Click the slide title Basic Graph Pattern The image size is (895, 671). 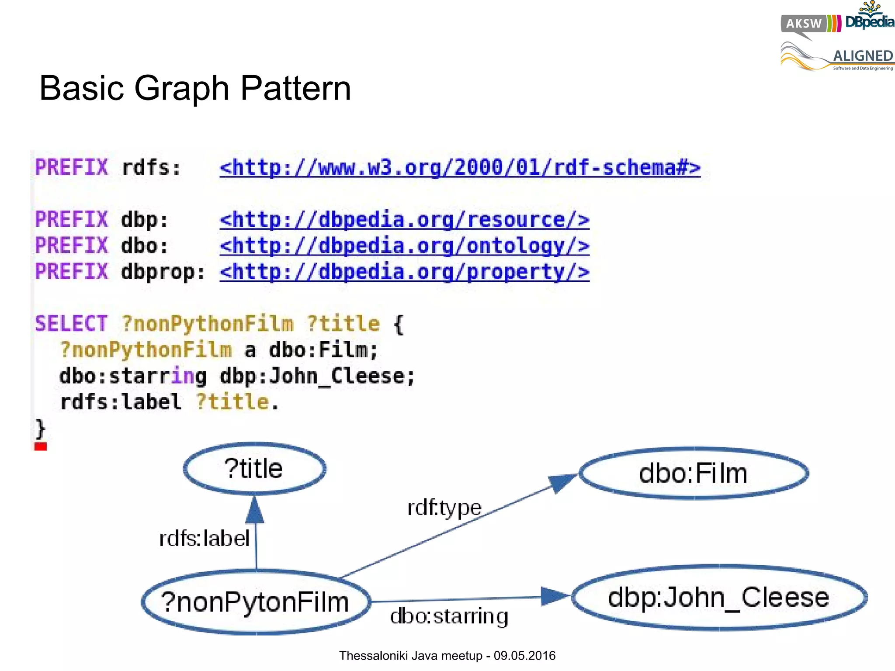pos(195,88)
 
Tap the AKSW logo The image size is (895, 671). pos(804,24)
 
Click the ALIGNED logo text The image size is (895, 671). pos(863,56)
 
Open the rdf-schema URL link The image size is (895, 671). pos(460,168)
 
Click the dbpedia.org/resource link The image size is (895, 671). pos(404,220)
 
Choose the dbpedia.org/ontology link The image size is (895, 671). pos(404,246)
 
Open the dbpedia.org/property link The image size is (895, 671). pos(404,272)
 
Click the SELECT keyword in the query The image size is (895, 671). pos(71,324)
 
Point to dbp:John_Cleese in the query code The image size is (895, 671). pos(317,376)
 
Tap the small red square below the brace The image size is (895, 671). pos(41,446)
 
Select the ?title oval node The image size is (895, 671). pos(254,469)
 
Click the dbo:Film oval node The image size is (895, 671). pos(694,473)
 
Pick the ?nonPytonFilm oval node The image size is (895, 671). pos(256,602)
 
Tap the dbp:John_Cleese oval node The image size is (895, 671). pos(719,597)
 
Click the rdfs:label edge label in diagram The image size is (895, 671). pos(204,538)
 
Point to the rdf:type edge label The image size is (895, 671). pos(444,508)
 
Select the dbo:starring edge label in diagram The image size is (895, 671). pos(449,616)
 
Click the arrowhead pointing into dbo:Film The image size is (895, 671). pos(562,483)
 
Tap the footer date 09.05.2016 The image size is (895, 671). pos(524,656)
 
